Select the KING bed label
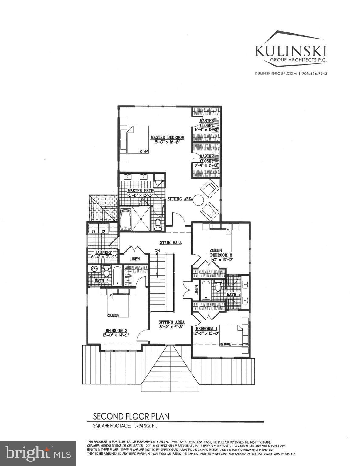[x=144, y=152]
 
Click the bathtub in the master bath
[x=125, y=219]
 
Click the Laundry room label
[x=104, y=252]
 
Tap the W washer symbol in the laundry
[x=94, y=231]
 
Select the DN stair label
[x=157, y=250]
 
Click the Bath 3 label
[x=232, y=294]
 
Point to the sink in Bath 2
[x=94, y=269]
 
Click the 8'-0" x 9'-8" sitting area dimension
[x=172, y=327]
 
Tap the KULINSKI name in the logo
[x=291, y=51]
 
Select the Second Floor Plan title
[x=131, y=416]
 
